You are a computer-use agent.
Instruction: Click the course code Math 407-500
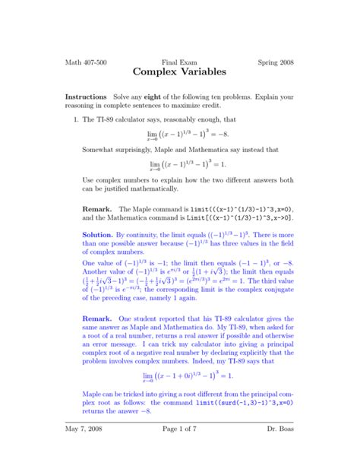click(85, 62)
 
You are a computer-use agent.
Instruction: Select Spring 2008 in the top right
click(275, 62)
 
